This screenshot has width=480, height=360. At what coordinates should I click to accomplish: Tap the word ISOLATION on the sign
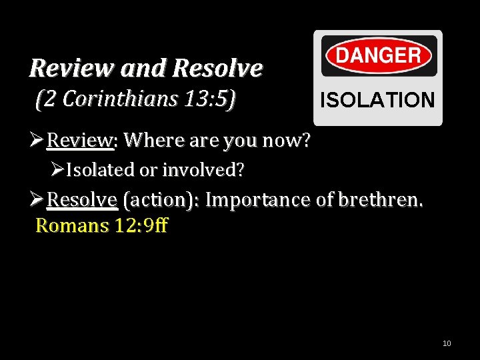(x=377, y=101)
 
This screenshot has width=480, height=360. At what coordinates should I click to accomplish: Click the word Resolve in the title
(x=217, y=68)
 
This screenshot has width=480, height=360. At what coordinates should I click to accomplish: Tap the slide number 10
(x=447, y=343)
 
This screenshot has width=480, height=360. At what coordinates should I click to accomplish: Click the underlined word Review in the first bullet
(x=79, y=141)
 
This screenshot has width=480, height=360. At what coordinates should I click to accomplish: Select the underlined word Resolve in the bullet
(x=83, y=200)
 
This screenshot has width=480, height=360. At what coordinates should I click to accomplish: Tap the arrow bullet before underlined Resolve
(x=37, y=200)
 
